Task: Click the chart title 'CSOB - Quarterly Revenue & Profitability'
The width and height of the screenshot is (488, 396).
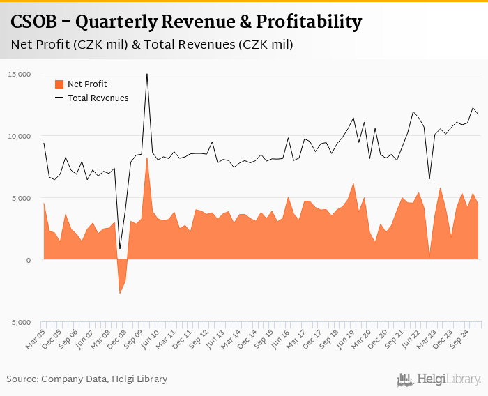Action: pyautogui.click(x=187, y=22)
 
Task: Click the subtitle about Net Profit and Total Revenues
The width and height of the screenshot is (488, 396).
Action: pyautogui.click(x=152, y=45)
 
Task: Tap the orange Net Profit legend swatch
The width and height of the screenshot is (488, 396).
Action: pyautogui.click(x=59, y=84)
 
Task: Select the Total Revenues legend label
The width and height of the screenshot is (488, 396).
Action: pyautogui.click(x=98, y=98)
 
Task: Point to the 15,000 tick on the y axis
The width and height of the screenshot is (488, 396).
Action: pyautogui.click(x=20, y=74)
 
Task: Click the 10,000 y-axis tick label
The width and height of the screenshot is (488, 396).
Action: pyautogui.click(x=20, y=136)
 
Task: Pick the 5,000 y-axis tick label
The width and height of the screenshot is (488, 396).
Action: pyautogui.click(x=22, y=198)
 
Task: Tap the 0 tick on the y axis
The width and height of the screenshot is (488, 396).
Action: pyautogui.click(x=29, y=260)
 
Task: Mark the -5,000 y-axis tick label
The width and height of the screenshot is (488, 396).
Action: pyautogui.click(x=20, y=322)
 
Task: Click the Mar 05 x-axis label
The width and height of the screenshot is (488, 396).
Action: pyautogui.click(x=35, y=340)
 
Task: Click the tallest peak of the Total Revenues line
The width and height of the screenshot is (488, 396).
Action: pyautogui.click(x=146, y=74)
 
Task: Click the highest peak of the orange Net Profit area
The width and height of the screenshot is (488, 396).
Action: pyautogui.click(x=146, y=158)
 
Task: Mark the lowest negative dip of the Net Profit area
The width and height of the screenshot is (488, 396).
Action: pyautogui.click(x=120, y=293)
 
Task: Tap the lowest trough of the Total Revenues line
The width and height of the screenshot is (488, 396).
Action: pyautogui.click(x=120, y=248)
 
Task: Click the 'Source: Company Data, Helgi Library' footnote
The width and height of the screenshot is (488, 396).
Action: pyautogui.click(x=87, y=379)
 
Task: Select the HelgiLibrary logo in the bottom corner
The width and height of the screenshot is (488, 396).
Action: pyautogui.click(x=439, y=379)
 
